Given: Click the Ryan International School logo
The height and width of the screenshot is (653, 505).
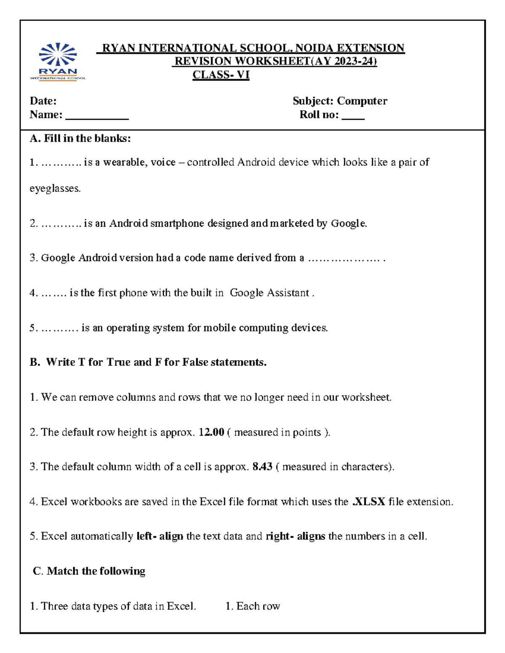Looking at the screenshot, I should point(58,61).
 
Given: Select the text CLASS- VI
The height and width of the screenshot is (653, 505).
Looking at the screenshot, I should point(221,75).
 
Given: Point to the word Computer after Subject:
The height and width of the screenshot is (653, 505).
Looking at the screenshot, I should point(362,101).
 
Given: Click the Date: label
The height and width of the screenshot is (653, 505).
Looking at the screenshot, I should point(43,101).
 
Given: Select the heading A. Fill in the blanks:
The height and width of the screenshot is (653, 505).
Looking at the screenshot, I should point(80,138).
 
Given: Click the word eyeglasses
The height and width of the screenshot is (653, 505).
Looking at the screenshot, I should point(55,188).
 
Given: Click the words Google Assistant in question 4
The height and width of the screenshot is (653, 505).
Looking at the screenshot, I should point(269,293).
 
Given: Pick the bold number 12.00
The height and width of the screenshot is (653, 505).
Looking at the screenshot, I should point(211,432).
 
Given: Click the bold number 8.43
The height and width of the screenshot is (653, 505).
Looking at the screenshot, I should point(262,467).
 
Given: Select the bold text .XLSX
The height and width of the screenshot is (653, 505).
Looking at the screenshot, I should point(369,502).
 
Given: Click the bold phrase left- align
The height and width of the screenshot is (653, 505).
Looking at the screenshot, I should point(160,537).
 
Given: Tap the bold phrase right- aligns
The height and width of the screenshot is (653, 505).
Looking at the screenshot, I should point(295,537).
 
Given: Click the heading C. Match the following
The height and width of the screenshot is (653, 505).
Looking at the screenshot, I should point(89,571).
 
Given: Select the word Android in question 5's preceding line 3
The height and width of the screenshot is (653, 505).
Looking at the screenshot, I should point(98,258).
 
